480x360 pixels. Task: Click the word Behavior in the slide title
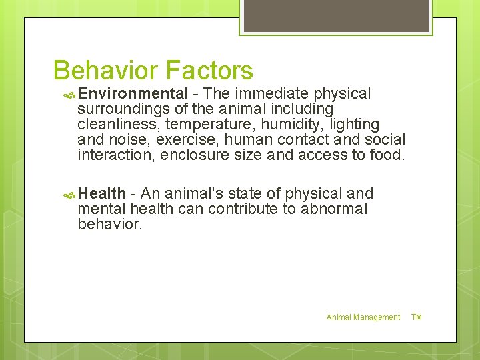(105, 70)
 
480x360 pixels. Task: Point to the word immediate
(271, 93)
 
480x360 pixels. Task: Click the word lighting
(354, 124)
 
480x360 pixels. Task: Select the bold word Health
(101, 193)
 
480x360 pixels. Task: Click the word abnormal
(334, 209)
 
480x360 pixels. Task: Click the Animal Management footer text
(363, 317)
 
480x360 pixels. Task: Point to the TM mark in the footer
(417, 317)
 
